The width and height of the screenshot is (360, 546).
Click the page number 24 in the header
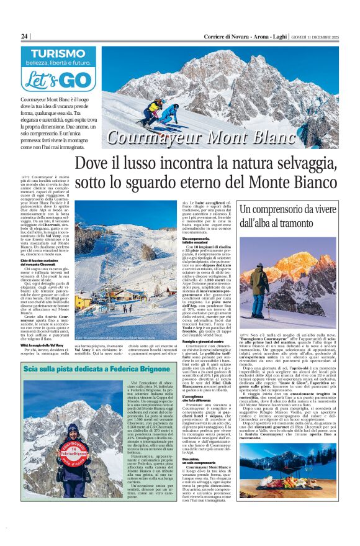(24, 37)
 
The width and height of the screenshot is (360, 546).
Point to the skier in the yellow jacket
(153, 107)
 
